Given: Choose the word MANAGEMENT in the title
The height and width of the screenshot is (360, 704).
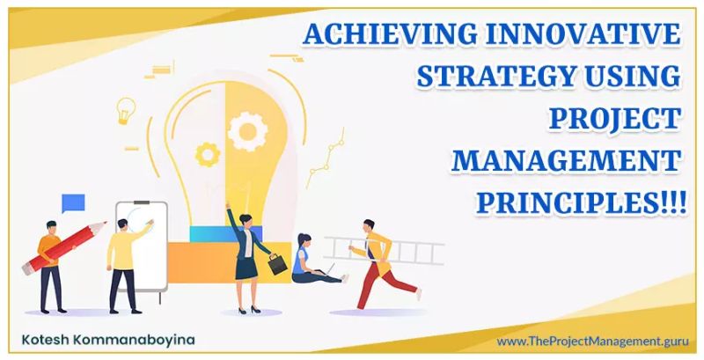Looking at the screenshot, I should point(567,159).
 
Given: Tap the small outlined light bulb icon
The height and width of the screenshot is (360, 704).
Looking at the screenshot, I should point(126,109).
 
